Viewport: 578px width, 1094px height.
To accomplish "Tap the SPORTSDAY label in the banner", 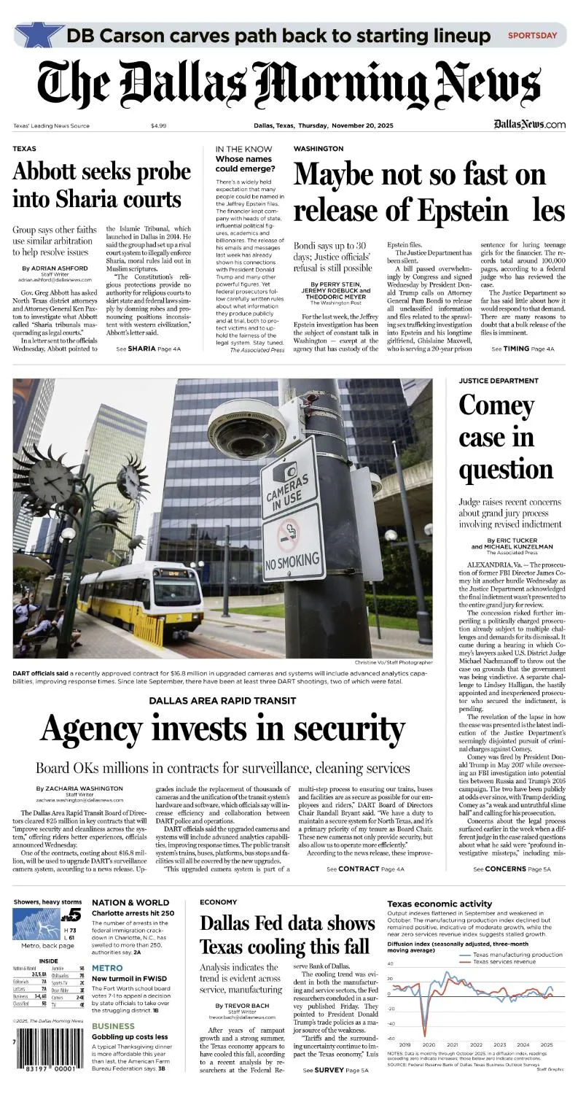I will click(x=532, y=35).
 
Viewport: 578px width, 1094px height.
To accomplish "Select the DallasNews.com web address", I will click(x=529, y=125).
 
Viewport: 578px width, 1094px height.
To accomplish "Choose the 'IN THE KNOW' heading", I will click(x=243, y=149).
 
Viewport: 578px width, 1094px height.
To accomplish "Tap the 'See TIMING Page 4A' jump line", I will click(x=523, y=349).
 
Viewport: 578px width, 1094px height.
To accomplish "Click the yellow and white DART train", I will click(x=141, y=594).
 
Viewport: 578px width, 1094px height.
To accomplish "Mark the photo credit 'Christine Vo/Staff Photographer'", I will click(x=394, y=662).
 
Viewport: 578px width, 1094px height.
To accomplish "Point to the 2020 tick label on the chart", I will click(x=428, y=1044).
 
